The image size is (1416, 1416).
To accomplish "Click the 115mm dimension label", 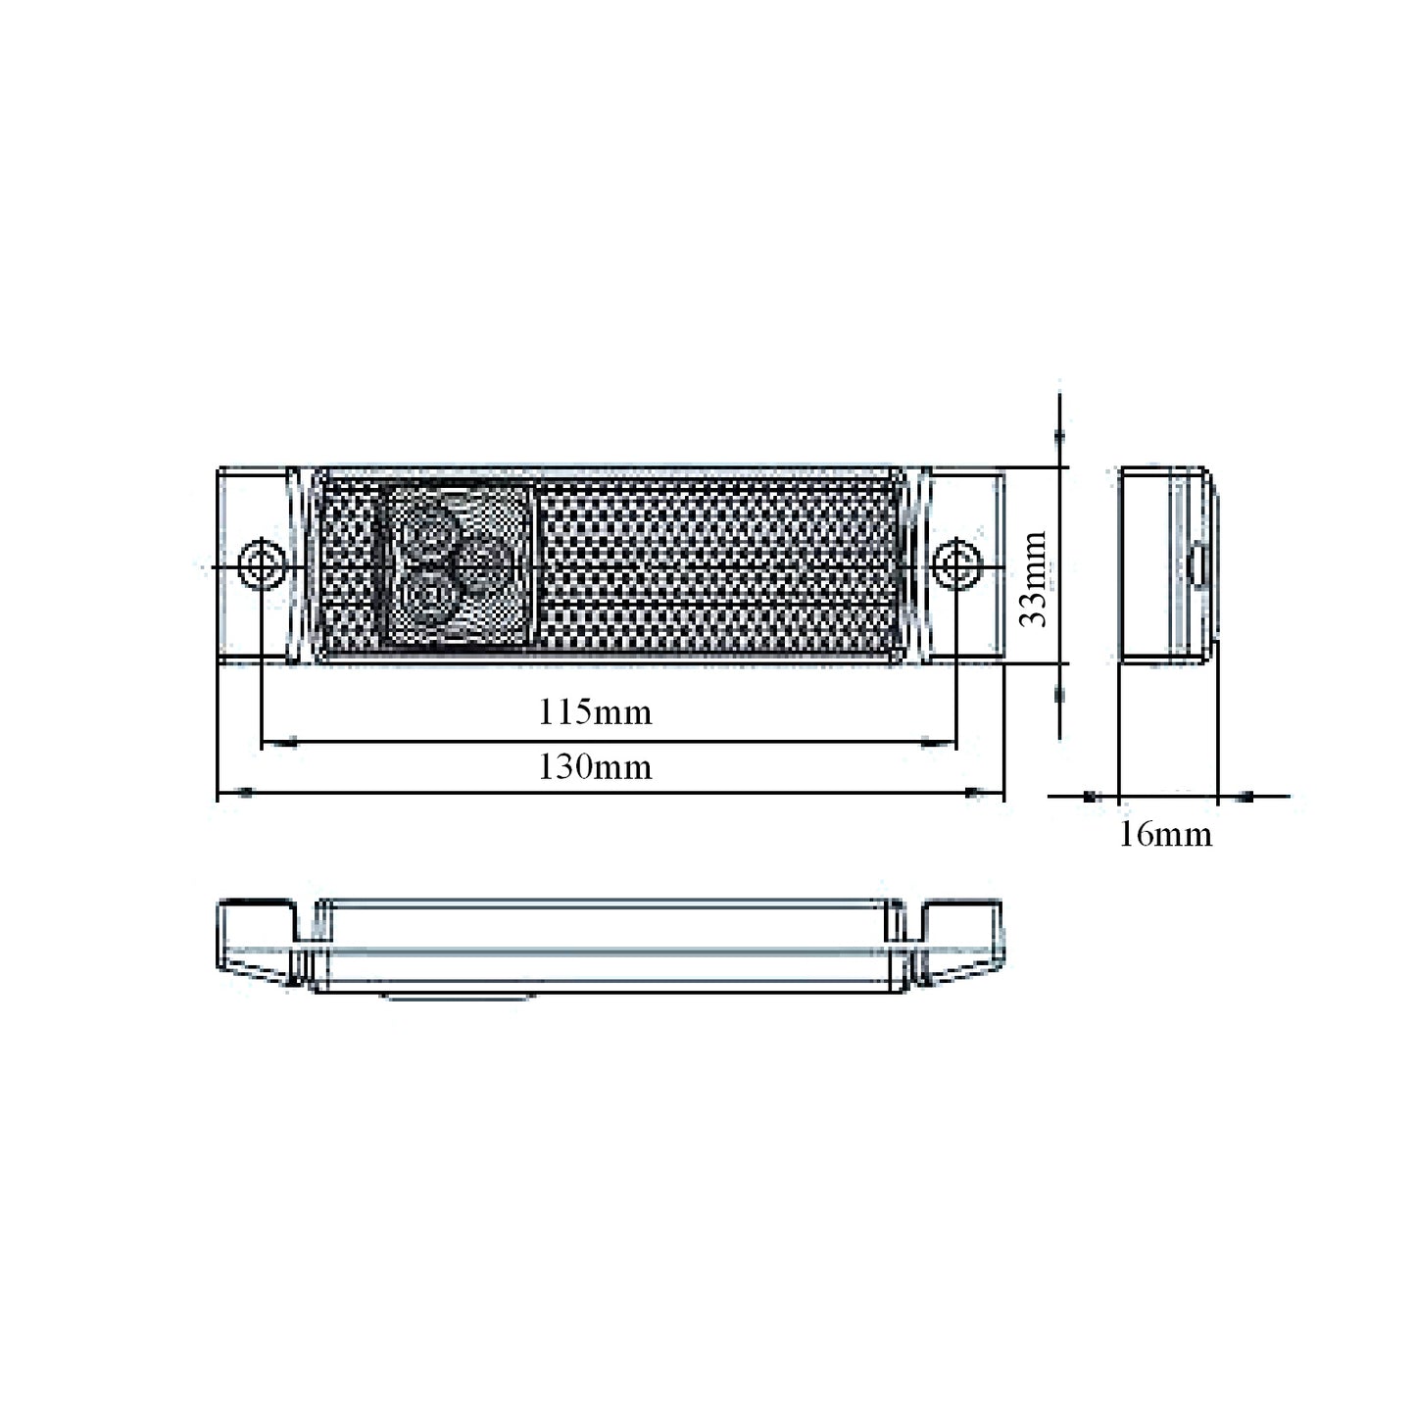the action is pos(595,712).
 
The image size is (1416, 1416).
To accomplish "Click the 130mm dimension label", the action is pos(595,767).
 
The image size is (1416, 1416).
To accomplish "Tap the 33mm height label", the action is pos(1033,579).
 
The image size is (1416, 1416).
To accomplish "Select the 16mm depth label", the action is pos(1165,835).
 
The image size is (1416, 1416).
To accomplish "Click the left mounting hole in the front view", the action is pos(263,564).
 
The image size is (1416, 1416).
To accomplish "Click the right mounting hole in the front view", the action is pos(956,564).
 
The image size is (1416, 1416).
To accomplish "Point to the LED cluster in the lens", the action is pos(457,566).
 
